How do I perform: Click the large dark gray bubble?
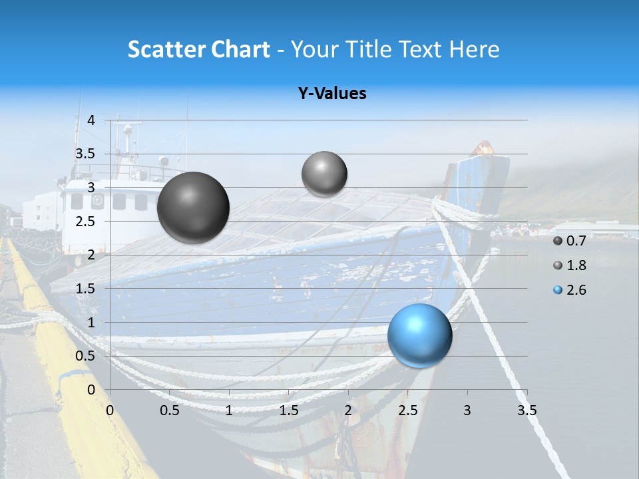click(x=193, y=207)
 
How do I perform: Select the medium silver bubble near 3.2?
click(x=324, y=174)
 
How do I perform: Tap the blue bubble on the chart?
click(x=419, y=335)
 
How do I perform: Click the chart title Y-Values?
click(x=331, y=93)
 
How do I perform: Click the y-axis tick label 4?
click(x=92, y=120)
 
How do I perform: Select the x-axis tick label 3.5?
click(x=527, y=410)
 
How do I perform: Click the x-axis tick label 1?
click(x=229, y=410)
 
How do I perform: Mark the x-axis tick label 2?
click(x=348, y=410)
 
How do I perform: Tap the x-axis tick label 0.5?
click(x=169, y=410)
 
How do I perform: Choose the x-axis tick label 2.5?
click(x=407, y=410)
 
